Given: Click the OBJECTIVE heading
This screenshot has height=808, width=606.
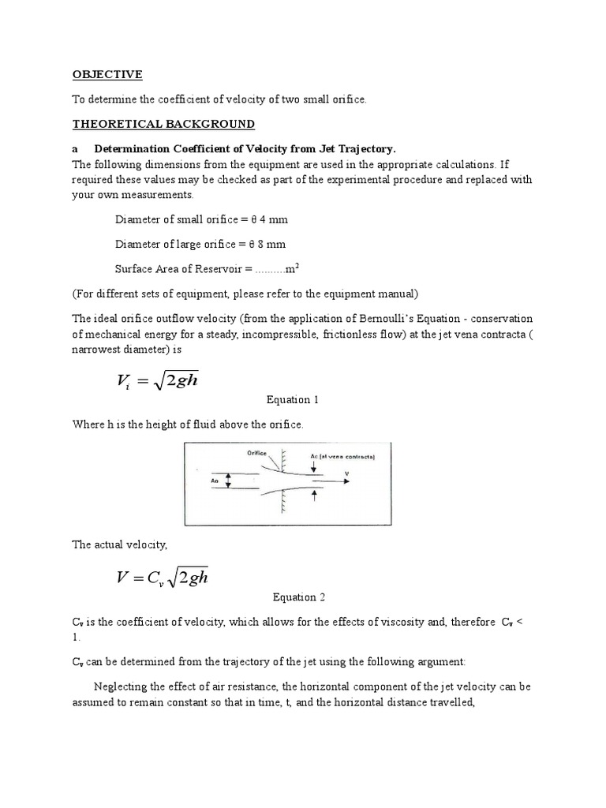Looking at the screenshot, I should [x=107, y=74].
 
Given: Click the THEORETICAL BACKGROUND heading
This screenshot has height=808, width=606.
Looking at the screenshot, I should [x=163, y=124].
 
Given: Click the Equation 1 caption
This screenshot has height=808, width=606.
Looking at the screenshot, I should [x=294, y=400].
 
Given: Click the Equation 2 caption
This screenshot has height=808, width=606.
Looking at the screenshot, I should [x=299, y=597].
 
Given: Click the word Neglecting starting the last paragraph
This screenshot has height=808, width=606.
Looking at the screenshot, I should [x=119, y=684].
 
